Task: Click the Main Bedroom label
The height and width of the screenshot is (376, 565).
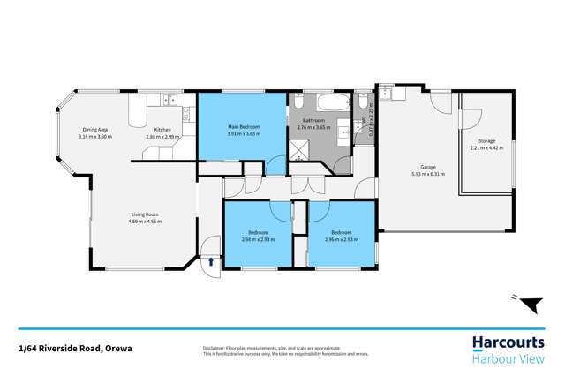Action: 241,127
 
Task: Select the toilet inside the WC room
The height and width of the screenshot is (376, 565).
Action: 363,100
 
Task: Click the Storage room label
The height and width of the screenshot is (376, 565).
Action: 486,141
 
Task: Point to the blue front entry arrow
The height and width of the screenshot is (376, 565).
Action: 211,261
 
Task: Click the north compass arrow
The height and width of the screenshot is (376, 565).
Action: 529,305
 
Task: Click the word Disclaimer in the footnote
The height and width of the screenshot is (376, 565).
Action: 216,347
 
